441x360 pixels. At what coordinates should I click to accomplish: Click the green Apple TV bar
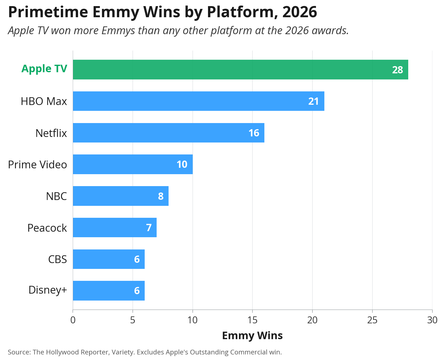(240, 69)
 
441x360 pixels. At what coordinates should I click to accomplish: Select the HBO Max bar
(199, 101)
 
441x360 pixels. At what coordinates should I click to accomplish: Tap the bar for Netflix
(169, 132)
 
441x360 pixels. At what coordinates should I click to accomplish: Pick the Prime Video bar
(132, 164)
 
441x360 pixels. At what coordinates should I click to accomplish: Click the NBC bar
(121, 196)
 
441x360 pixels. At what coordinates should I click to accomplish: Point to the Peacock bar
(115, 227)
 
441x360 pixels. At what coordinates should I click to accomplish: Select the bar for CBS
(109, 259)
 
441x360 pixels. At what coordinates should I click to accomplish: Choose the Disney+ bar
(109, 291)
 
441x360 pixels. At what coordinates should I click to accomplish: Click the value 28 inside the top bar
(397, 70)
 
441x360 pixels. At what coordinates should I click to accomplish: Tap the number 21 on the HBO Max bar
(313, 101)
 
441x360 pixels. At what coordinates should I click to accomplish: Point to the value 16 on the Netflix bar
(254, 133)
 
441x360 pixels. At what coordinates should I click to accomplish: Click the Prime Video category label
(37, 164)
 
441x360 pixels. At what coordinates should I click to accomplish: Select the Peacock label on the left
(47, 228)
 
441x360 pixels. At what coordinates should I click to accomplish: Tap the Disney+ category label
(48, 290)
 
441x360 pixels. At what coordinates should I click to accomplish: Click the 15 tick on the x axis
(252, 320)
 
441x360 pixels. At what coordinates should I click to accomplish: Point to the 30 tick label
(432, 320)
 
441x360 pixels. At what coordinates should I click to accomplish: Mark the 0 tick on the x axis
(73, 320)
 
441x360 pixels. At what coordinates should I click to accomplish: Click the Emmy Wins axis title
(252, 336)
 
